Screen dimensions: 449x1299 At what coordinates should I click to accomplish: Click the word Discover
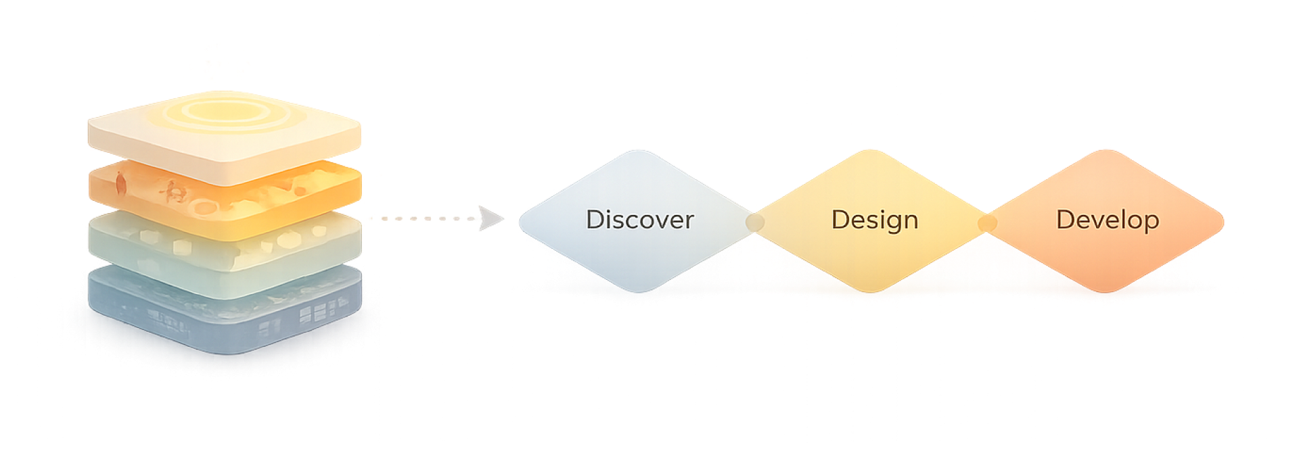coord(639,220)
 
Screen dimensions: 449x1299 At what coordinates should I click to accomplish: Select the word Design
coord(874,220)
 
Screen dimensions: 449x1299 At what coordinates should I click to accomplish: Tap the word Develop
coord(1108,220)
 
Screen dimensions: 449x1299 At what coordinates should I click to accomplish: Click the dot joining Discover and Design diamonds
coord(754,222)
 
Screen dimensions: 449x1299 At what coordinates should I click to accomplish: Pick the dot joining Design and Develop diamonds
coord(987,222)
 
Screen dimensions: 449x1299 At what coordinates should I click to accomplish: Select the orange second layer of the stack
coord(223,203)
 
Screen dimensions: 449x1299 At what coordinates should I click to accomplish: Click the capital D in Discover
coord(595,220)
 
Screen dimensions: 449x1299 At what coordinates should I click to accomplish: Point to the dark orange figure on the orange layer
coord(120,183)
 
